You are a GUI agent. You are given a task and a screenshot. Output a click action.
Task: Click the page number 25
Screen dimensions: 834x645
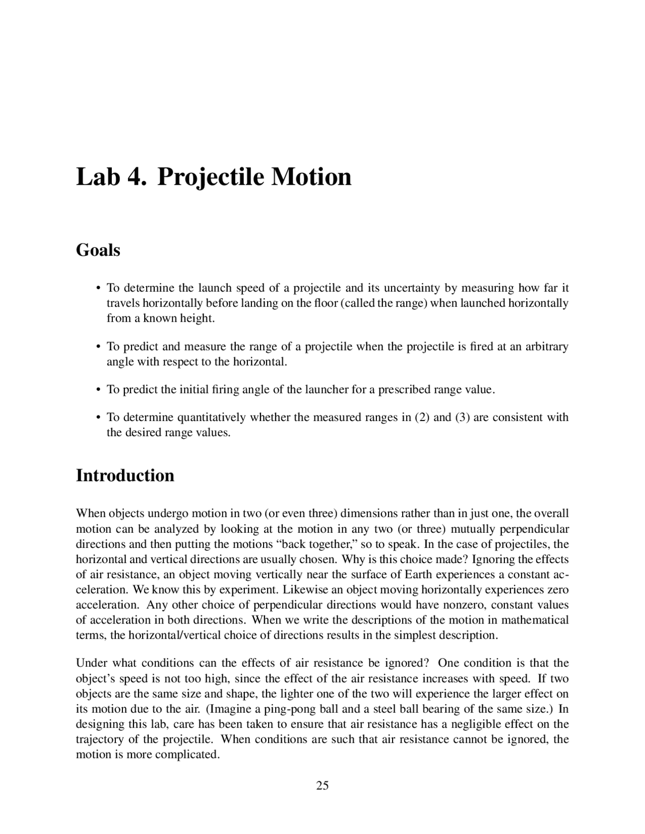click(x=322, y=785)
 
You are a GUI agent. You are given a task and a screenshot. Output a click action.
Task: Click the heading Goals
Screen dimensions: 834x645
click(x=98, y=250)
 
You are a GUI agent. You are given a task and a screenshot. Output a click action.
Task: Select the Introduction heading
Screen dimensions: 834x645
click(x=125, y=475)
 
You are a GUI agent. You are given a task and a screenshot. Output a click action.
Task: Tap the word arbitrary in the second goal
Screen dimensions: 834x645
click(x=547, y=346)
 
